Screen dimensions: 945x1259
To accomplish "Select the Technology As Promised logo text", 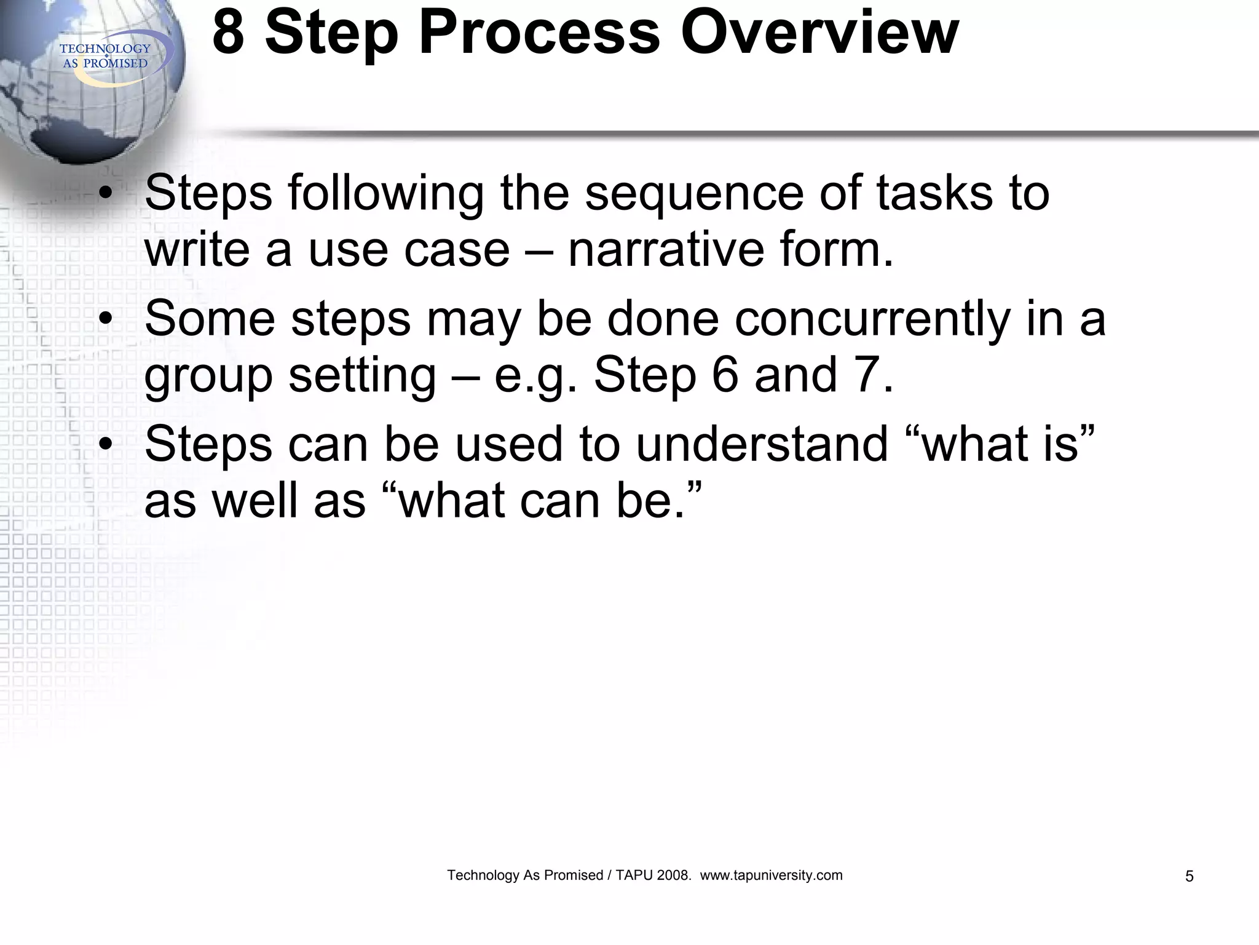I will tap(105, 56).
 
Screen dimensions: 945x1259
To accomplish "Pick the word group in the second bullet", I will tap(208, 377).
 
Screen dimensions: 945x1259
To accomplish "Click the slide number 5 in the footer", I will tap(1189, 876).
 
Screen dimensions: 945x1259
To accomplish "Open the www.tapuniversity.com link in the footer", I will tap(771, 875).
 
